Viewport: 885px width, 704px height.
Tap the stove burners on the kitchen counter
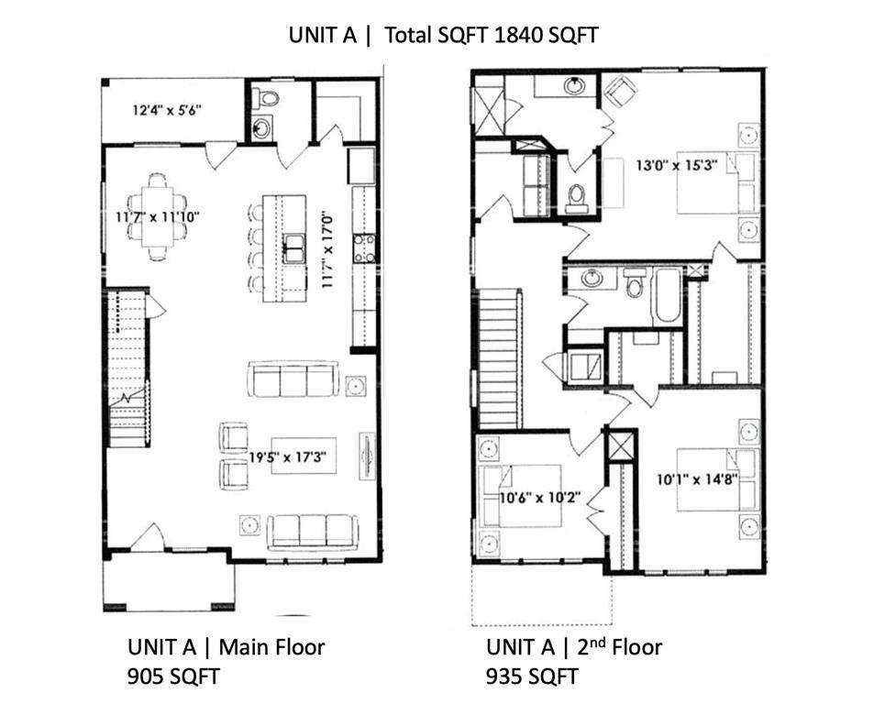pyautogui.click(x=364, y=245)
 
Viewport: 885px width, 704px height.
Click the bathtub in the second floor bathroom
pyautogui.click(x=667, y=294)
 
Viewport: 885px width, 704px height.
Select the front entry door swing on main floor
pyautogui.click(x=147, y=538)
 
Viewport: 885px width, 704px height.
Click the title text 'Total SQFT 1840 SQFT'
pyautogui.click(x=491, y=36)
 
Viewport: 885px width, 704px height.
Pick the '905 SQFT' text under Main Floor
pyautogui.click(x=174, y=677)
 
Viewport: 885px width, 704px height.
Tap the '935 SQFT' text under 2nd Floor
pyautogui.click(x=532, y=677)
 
